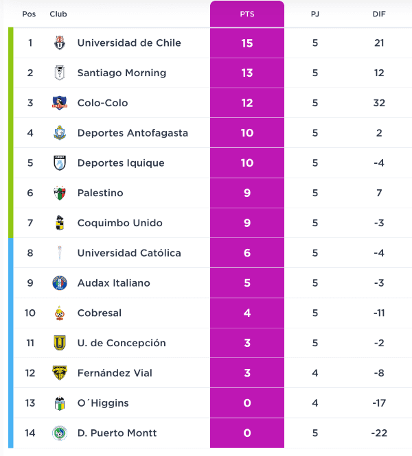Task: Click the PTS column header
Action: (247, 14)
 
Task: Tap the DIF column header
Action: (379, 14)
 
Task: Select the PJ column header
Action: (315, 14)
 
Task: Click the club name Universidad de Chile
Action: (129, 43)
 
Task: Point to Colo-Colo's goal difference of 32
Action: (379, 103)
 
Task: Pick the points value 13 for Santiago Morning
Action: (247, 73)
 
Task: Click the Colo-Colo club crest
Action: (60, 103)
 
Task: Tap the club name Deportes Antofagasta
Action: (133, 133)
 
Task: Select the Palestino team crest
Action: (60, 193)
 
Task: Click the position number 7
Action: (30, 223)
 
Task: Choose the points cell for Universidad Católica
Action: (247, 253)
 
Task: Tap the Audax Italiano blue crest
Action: (60, 283)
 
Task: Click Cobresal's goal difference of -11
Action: (379, 313)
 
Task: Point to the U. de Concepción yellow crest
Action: (60, 343)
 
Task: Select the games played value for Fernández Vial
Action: (315, 373)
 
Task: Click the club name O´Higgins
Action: (103, 403)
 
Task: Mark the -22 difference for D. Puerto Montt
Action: (379, 433)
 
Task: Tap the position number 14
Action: (30, 433)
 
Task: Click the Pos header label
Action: (29, 14)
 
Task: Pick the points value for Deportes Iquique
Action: (247, 163)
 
